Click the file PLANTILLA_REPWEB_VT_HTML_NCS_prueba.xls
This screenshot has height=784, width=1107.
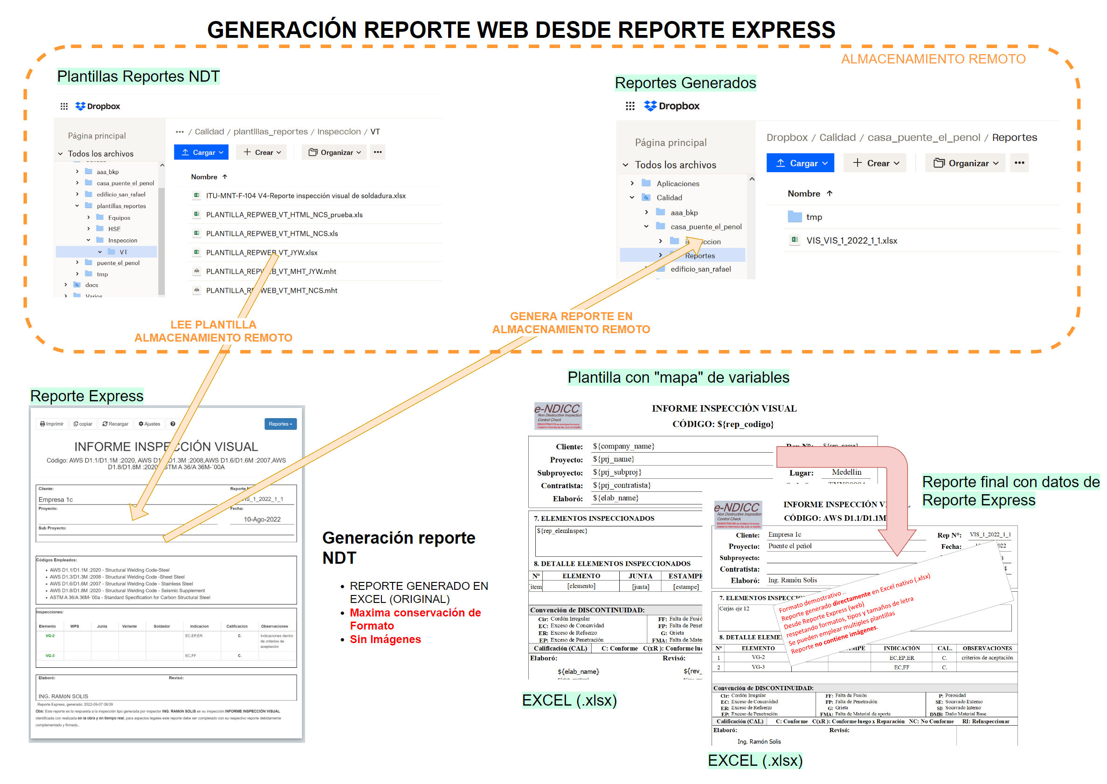tap(284, 215)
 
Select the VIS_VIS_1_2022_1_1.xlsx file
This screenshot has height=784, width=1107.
tap(851, 240)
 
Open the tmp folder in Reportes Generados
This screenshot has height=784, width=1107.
tap(814, 217)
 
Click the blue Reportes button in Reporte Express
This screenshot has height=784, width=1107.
tap(280, 424)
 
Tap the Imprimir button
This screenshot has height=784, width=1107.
tap(52, 424)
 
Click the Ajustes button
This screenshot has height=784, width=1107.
tap(150, 424)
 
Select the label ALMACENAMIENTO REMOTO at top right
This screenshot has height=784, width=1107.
tap(933, 59)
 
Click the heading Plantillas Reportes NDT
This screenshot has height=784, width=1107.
tap(138, 76)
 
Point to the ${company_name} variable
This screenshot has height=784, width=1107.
tap(623, 446)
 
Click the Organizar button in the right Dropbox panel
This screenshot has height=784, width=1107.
tap(965, 163)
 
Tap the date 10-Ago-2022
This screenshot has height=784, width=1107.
tap(262, 519)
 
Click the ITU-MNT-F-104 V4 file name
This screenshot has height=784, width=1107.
tap(305, 196)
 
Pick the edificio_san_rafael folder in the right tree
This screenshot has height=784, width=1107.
tap(700, 269)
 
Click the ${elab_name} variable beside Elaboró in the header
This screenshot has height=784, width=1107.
tap(618, 498)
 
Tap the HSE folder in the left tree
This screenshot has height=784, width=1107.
tap(114, 229)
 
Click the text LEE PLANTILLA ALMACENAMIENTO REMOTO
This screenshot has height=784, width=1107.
tap(213, 331)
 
